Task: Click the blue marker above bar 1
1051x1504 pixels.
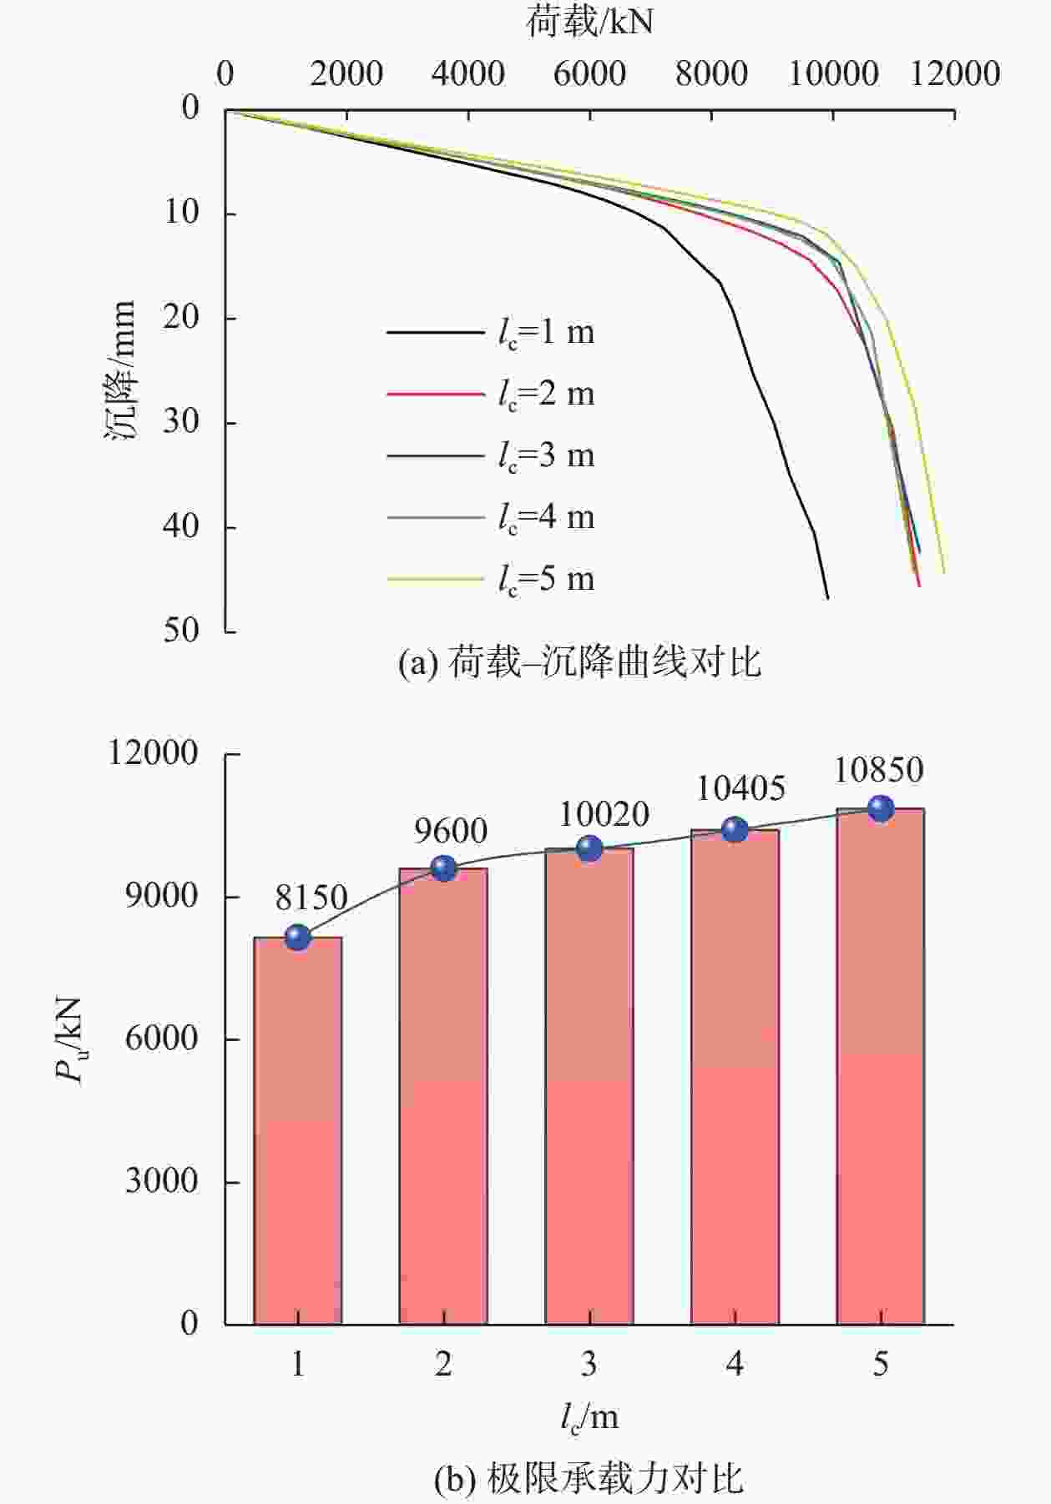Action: tap(297, 938)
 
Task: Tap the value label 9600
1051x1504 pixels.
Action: tap(451, 831)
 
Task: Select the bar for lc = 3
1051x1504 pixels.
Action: tap(589, 1084)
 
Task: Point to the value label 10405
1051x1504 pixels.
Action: tap(740, 788)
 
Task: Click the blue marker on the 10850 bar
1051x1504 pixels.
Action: tap(881, 808)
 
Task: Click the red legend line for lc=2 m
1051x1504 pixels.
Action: tap(435, 394)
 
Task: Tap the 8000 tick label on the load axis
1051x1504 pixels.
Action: tap(711, 74)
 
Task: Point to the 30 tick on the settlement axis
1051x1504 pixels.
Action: tap(181, 421)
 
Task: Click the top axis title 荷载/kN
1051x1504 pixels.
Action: tap(589, 22)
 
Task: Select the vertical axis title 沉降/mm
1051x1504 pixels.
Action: tap(121, 370)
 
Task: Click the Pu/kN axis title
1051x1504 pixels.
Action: tap(70, 1039)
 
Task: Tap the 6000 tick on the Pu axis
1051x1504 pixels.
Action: tap(162, 1039)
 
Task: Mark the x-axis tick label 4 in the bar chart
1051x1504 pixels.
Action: tap(735, 1364)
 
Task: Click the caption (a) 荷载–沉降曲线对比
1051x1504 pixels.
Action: tap(580, 663)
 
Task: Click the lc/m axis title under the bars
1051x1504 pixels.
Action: tap(589, 1417)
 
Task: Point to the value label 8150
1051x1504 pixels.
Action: tap(311, 898)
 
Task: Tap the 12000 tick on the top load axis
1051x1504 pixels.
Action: tap(955, 74)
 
